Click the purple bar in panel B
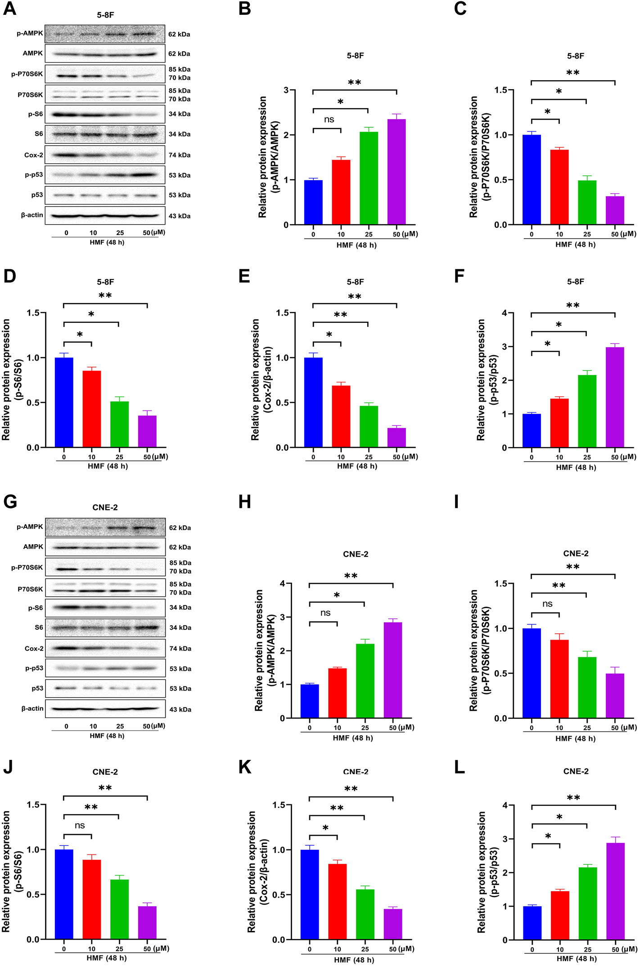pos(396,172)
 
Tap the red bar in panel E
pos(341,416)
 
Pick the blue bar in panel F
pos(532,430)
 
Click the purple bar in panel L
pos(615,891)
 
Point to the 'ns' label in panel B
pos(329,119)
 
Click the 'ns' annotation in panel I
pos(547,604)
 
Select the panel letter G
pos(10,501)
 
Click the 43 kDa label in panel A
pos(180,216)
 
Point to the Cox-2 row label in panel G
pos(34,649)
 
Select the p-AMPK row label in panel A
pos(30,33)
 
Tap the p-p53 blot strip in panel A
pos(105,175)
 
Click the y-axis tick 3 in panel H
pos(282,617)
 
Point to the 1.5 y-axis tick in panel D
pos(33,313)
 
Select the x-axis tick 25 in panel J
pos(119,949)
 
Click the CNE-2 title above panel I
pos(576,553)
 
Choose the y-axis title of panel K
pos(257,871)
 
